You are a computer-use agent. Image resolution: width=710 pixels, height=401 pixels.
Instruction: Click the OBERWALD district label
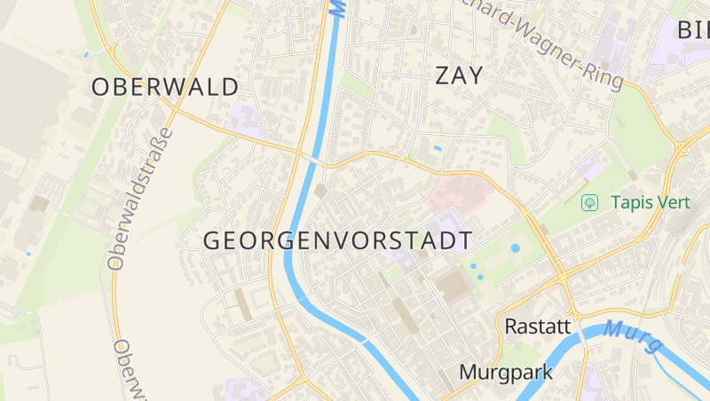coord(165,87)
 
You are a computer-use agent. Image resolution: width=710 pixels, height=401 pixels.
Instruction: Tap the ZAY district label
coord(460,76)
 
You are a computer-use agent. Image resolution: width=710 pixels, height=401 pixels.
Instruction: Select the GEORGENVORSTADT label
coord(337,240)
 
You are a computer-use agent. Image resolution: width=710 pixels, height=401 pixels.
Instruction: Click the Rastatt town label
coord(537,326)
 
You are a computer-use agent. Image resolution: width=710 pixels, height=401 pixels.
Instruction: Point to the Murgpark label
coord(506,373)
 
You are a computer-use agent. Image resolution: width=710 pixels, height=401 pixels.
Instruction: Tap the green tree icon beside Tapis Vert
coord(588,203)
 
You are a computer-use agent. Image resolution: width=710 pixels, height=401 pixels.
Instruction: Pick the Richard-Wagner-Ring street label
coord(550,44)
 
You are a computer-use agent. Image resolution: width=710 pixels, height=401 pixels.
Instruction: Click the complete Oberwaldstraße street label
coord(140,197)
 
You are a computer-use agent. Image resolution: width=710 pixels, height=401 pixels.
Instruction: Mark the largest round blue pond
coord(516,248)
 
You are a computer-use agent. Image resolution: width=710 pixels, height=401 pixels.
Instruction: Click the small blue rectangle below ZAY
coord(437,147)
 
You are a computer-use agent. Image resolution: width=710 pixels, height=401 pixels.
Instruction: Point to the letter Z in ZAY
coord(442,76)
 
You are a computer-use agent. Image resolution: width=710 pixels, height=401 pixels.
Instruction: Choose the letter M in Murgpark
coord(468,373)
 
